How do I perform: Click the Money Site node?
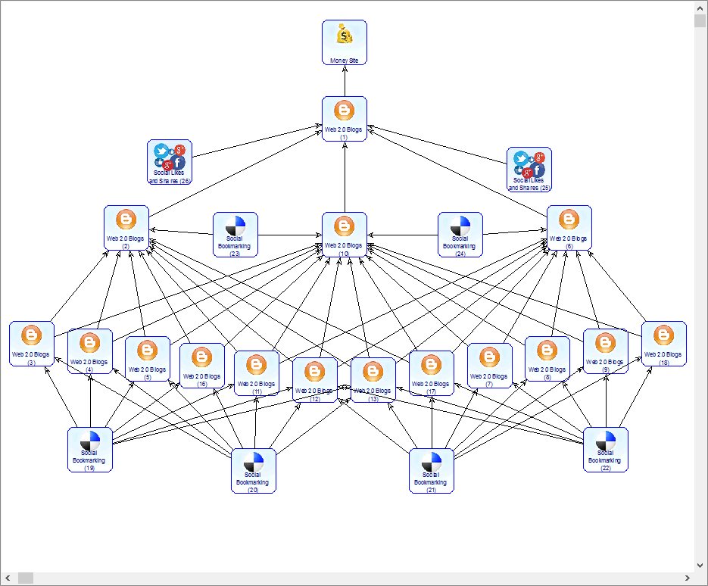coord(345,42)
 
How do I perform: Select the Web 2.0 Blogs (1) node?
coord(345,119)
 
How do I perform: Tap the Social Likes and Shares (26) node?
coord(170,161)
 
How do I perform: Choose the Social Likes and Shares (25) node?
coord(529,168)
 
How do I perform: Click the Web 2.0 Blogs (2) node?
coord(126,228)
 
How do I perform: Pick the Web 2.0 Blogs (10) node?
coord(345,235)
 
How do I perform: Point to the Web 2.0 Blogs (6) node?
coord(569,228)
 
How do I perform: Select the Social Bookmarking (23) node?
coord(235,235)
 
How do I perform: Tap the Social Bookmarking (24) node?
coord(460,235)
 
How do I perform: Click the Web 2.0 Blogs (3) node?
coord(32,344)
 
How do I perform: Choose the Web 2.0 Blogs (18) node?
coord(664,344)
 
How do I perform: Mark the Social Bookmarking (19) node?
coord(90,450)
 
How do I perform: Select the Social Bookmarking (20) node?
coord(254,470)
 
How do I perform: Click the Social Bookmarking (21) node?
coord(432,470)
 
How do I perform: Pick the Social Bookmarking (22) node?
coord(606,450)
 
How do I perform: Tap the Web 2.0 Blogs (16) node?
coord(202,366)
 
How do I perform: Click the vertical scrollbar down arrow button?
coord(700,565)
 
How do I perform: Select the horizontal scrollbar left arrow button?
coord(8,578)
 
